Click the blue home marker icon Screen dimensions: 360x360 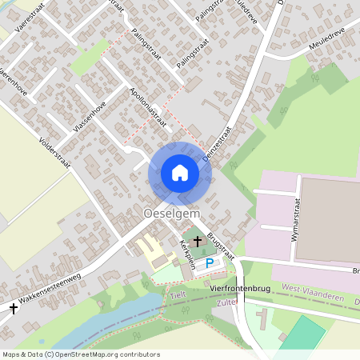click(180, 173)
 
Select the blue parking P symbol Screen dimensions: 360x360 click(210, 262)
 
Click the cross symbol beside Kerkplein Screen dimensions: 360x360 click(198, 240)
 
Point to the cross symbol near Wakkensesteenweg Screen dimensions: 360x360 click(13, 307)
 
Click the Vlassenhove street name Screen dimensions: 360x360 click(89, 118)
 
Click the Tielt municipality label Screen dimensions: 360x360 click(178, 296)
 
